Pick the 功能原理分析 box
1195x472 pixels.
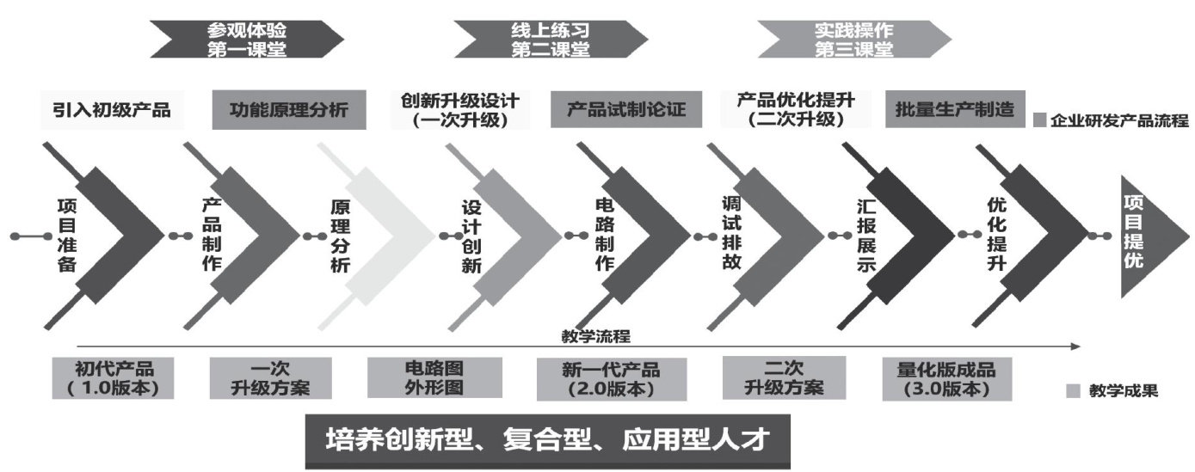tap(288, 110)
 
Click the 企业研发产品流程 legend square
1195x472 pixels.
tap(1038, 120)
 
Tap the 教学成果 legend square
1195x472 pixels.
tap(1073, 391)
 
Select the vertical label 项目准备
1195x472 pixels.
tap(66, 236)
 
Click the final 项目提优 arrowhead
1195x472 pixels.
tap(1140, 234)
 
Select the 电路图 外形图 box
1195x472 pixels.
tap(434, 378)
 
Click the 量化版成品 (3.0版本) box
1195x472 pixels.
tap(946, 378)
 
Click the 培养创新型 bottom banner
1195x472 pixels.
tap(547, 441)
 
